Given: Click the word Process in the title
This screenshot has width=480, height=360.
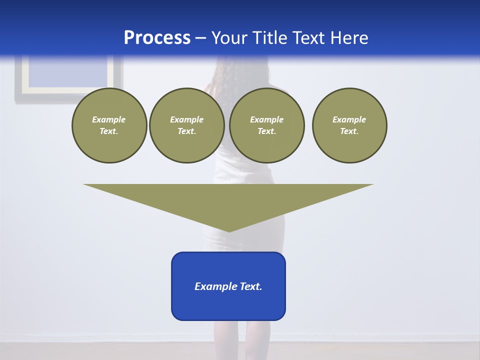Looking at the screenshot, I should (x=157, y=38).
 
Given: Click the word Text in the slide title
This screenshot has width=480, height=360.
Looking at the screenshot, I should (x=310, y=38).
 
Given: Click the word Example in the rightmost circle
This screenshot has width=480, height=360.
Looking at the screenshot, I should (x=349, y=119).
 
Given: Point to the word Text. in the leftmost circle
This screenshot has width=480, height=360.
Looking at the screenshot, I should (x=109, y=131).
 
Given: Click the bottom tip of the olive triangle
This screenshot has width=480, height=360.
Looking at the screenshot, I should (x=229, y=230).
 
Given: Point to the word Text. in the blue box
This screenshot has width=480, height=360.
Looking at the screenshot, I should (x=251, y=286).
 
